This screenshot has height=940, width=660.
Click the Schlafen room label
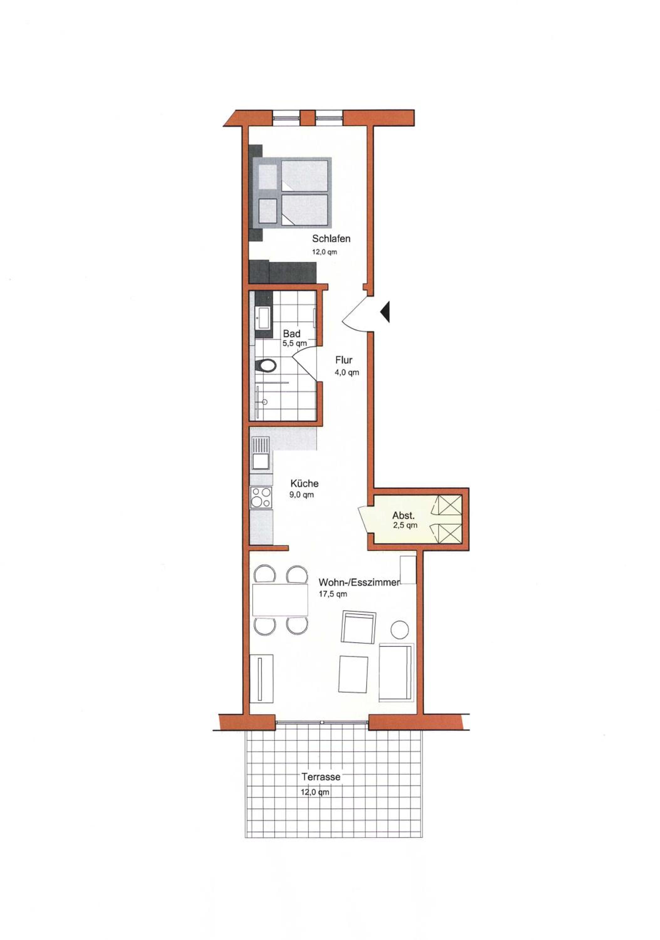pyautogui.click(x=331, y=238)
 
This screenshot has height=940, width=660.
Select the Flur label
pyautogui.click(x=344, y=360)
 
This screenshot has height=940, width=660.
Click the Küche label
pyautogui.click(x=304, y=483)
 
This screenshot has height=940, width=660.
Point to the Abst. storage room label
pyautogui.click(x=404, y=515)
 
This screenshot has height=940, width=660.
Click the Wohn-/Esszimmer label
pyautogui.click(x=358, y=582)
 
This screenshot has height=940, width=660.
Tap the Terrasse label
pyautogui.click(x=321, y=777)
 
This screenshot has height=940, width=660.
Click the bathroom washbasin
pyautogui.click(x=263, y=317)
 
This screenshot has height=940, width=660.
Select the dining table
pyautogui.click(x=280, y=600)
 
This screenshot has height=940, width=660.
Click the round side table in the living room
pyautogui.click(x=400, y=629)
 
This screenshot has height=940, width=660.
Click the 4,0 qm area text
pyautogui.click(x=347, y=373)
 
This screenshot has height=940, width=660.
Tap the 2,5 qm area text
pyautogui.click(x=405, y=525)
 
